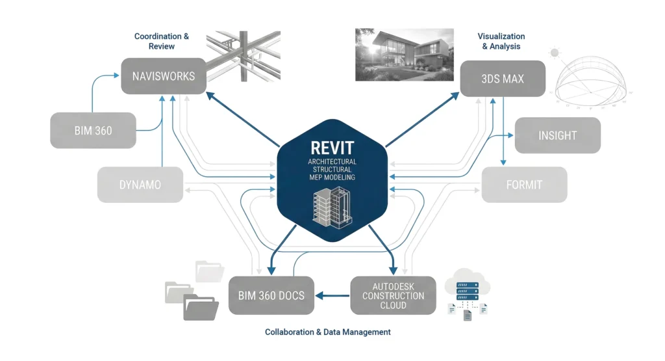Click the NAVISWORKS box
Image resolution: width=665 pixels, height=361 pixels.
click(164, 76)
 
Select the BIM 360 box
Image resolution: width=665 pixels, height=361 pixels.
click(93, 130)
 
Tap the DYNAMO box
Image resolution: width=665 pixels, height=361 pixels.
click(140, 185)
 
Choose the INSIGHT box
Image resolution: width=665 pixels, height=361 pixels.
click(557, 135)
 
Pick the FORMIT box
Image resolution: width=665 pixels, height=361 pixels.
click(524, 185)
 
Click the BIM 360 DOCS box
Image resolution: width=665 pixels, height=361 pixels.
click(271, 296)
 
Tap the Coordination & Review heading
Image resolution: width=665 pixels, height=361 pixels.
click(162, 41)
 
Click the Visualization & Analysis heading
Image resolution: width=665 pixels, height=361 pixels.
click(501, 41)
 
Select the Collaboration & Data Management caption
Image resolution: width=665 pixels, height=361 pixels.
click(327, 332)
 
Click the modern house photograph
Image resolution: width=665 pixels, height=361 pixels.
click(403, 54)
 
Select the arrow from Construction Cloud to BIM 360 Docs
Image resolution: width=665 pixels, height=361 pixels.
click(332, 296)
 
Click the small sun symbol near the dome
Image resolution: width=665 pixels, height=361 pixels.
click(554, 52)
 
